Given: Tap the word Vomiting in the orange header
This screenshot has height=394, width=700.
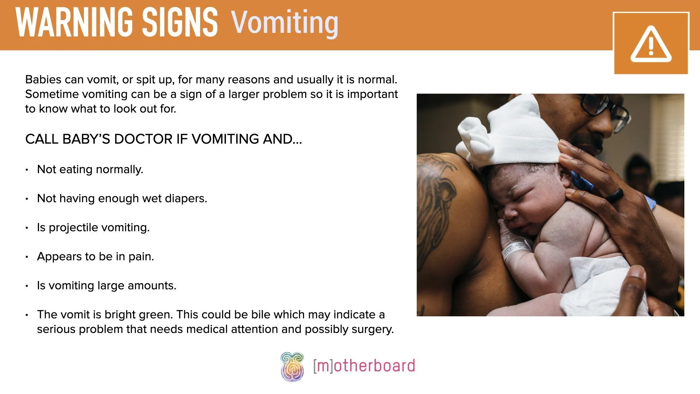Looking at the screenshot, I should (284, 23).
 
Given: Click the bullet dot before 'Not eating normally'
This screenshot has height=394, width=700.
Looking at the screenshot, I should (27, 170).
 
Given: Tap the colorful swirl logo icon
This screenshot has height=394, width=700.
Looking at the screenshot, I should (292, 366).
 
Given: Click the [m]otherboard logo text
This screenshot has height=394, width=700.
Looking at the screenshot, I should (364, 366).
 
